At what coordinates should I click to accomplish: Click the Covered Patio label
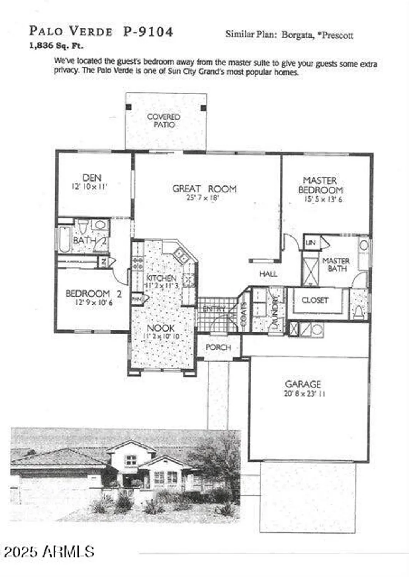pyautogui.click(x=164, y=120)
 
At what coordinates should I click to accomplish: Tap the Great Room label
pyautogui.click(x=204, y=188)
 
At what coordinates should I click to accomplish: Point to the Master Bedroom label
pyautogui.click(x=320, y=185)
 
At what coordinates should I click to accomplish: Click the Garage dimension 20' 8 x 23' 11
pyautogui.click(x=304, y=394)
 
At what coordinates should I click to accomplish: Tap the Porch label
pyautogui.click(x=218, y=347)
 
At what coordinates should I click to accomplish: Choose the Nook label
pyautogui.click(x=161, y=328)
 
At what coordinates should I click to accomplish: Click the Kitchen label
pyautogui.click(x=161, y=278)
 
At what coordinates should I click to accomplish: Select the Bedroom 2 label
pyautogui.click(x=94, y=294)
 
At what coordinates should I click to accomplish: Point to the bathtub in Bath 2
pyautogui.click(x=65, y=239)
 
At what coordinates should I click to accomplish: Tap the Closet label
pyautogui.click(x=315, y=300)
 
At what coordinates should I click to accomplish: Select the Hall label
pyautogui.click(x=268, y=274)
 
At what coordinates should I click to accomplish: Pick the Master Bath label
pyautogui.click(x=336, y=264)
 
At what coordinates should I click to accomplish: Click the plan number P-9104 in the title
pyautogui.click(x=148, y=32)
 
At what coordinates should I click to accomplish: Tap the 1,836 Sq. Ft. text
pyautogui.click(x=56, y=46)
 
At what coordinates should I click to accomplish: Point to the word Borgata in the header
pyautogui.click(x=298, y=35)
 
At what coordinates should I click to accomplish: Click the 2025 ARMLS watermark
pyautogui.click(x=49, y=552)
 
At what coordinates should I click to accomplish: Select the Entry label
pyautogui.click(x=214, y=309)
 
